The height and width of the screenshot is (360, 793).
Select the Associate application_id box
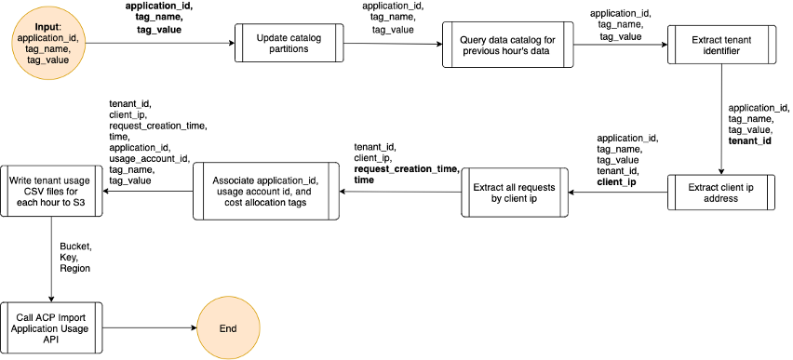(265, 193)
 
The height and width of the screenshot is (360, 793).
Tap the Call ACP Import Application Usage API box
(52, 328)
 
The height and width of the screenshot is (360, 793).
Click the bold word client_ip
(616, 182)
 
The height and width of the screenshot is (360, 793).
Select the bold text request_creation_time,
(406, 168)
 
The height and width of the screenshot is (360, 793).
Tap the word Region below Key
(75, 268)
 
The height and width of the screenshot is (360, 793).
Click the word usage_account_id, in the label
(149, 158)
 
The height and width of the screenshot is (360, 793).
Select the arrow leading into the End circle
(149, 328)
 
